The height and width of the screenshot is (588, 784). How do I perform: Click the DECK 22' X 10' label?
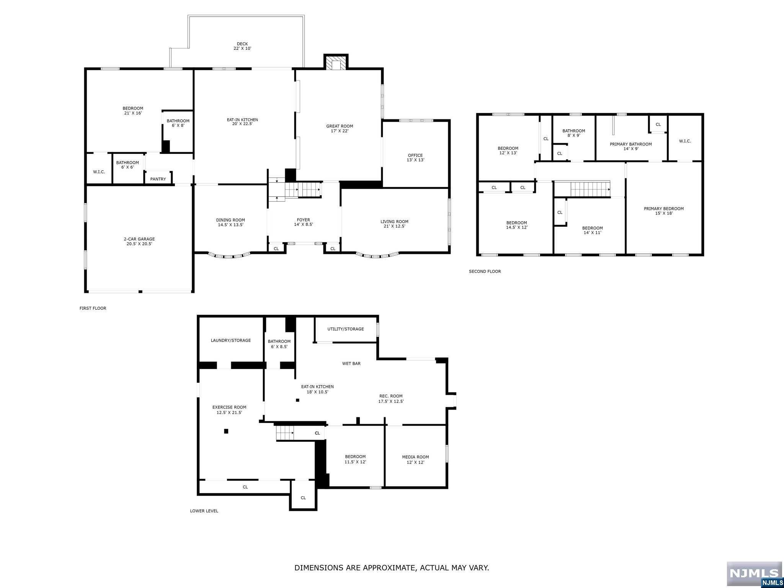pyautogui.click(x=242, y=46)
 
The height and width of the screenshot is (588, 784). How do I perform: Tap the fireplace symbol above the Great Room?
pyautogui.click(x=336, y=62)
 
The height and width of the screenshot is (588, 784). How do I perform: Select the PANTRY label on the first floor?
pyautogui.click(x=158, y=179)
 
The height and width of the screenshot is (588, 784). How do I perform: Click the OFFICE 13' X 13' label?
pyautogui.click(x=415, y=158)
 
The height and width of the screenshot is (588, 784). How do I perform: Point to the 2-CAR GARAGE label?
pyautogui.click(x=139, y=239)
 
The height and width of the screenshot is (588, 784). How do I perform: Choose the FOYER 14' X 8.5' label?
pyautogui.click(x=304, y=222)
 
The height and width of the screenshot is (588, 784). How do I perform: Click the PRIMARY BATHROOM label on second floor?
pyautogui.click(x=630, y=144)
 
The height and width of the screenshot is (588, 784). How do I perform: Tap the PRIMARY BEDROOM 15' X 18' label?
pyautogui.click(x=664, y=211)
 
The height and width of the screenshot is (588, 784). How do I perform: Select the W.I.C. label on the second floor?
pyautogui.click(x=685, y=141)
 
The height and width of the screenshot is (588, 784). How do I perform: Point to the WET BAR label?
pyautogui.click(x=351, y=364)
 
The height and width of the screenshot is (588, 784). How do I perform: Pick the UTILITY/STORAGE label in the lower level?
pyautogui.click(x=346, y=329)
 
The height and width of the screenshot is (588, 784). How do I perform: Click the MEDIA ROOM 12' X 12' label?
pyautogui.click(x=415, y=459)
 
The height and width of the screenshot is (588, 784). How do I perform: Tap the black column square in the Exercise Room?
pyautogui.click(x=226, y=431)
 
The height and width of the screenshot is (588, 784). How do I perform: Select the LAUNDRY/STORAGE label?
pyautogui.click(x=231, y=340)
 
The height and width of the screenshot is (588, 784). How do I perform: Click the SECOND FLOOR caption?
pyautogui.click(x=485, y=271)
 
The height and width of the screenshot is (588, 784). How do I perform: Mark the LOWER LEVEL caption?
pyautogui.click(x=204, y=511)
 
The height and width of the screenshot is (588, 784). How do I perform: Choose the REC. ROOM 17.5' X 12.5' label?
pyautogui.click(x=391, y=399)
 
